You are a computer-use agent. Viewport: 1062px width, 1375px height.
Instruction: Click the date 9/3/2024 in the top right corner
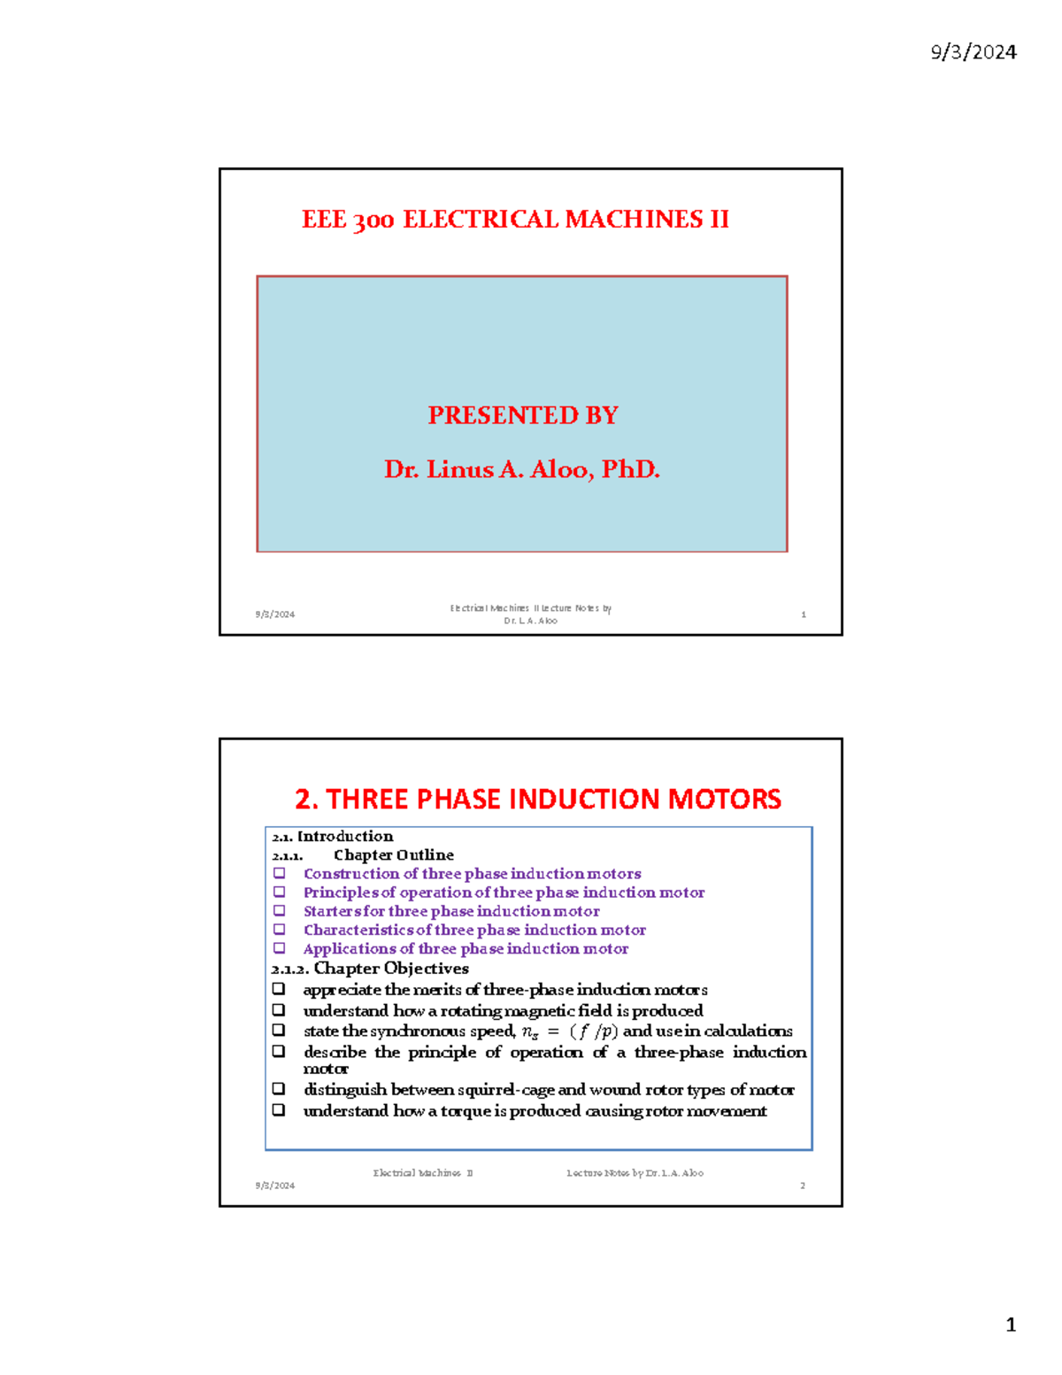973,52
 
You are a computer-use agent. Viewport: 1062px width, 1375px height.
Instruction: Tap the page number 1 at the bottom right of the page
1011,1325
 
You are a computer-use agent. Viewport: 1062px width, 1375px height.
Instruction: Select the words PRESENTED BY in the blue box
522,415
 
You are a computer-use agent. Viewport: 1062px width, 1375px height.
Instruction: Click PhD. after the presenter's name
631,469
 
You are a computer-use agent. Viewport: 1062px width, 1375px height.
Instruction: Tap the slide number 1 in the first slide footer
804,614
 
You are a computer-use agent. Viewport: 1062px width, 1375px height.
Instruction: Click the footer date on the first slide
275,614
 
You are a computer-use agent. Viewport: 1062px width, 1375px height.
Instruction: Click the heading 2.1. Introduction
333,836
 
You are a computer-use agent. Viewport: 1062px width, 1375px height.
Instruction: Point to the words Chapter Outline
393,855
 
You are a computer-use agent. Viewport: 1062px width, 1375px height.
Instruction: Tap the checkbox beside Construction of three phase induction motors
280,874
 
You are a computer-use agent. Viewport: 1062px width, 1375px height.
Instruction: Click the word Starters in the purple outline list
331,911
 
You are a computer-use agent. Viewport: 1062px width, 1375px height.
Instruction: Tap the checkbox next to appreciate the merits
279,989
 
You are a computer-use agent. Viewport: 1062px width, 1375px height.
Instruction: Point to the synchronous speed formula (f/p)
594,1031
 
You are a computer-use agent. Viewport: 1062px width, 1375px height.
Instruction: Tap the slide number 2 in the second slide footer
803,1186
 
